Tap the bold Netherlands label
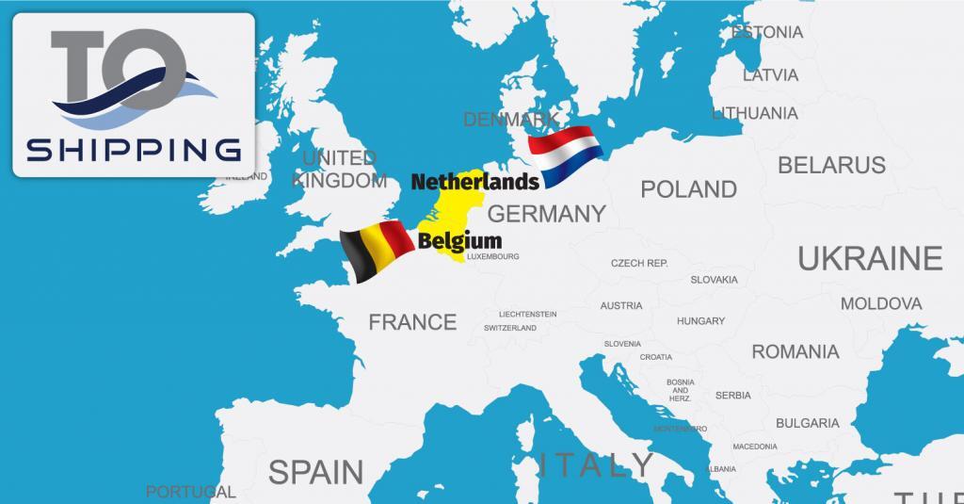474,179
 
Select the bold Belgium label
459,240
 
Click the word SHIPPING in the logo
132,150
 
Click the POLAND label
688,189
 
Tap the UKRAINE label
870,257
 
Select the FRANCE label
412,322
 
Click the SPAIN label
315,470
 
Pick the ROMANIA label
795,351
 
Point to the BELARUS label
831,165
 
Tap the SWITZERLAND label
509,328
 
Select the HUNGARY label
700,321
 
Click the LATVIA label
770,74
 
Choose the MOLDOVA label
880,303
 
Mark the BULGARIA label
808,423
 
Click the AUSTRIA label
621,305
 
